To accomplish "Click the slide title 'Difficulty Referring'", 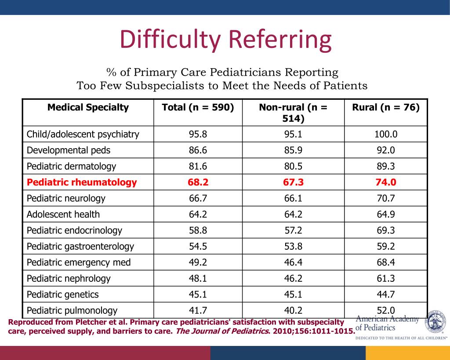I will [x=225, y=40].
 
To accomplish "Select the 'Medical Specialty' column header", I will [x=88, y=107].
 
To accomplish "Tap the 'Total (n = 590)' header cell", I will [x=198, y=107].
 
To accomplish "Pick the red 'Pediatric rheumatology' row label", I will [x=82, y=182].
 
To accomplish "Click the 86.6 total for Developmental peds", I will [x=198, y=150].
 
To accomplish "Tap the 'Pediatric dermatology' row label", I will [x=71, y=166].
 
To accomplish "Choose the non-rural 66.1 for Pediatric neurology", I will [x=293, y=198].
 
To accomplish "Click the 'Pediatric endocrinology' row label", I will [x=74, y=230].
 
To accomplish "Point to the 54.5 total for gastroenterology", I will [x=198, y=247].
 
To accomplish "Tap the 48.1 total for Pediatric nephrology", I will [x=198, y=279].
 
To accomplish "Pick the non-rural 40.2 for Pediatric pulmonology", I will [x=293, y=310].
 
